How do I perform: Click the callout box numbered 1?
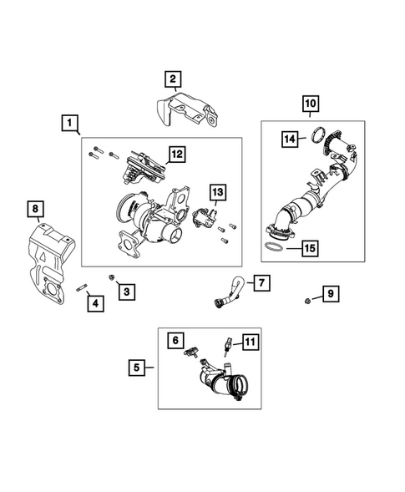pos(69,123)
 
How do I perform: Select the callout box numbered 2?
pos(173,79)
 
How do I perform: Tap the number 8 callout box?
pos(35,209)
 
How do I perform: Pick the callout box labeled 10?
pos(311,104)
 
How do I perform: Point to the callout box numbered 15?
pos(310,248)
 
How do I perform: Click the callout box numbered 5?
pos(137,368)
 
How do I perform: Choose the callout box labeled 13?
pos(218,192)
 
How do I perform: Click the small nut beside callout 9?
pos(307,301)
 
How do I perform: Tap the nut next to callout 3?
pos(111,277)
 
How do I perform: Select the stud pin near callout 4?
pos(81,287)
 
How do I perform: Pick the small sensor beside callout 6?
pos(192,352)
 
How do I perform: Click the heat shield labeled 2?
pos(187,109)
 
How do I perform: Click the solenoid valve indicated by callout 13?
pos(204,217)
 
